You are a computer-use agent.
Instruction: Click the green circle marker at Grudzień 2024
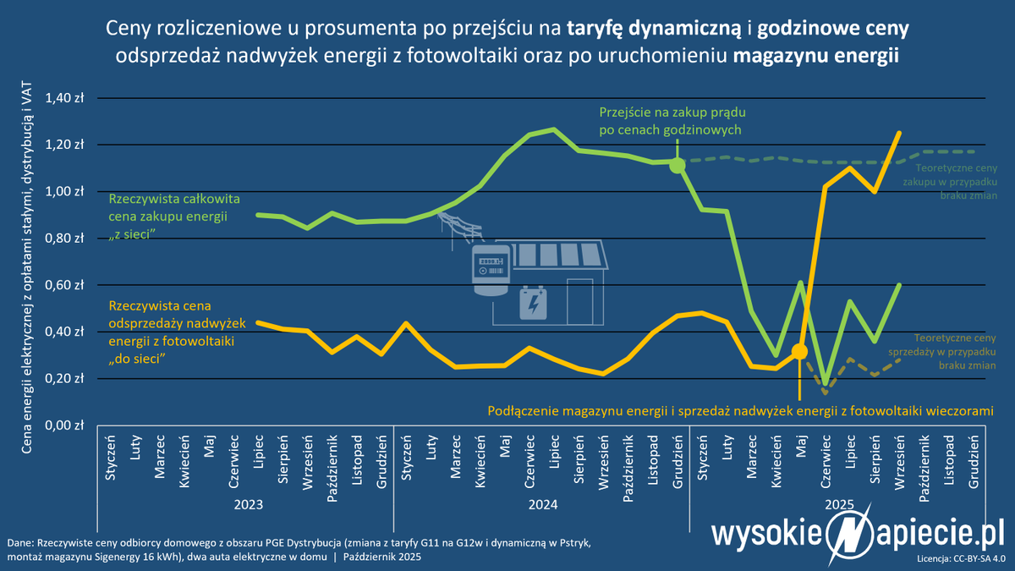(678, 166)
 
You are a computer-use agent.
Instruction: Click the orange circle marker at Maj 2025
(799, 351)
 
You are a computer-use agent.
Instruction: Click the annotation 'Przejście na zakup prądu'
(672, 112)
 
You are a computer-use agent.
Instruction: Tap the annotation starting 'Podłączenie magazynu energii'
(740, 411)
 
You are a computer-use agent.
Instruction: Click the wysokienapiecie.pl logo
(856, 535)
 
